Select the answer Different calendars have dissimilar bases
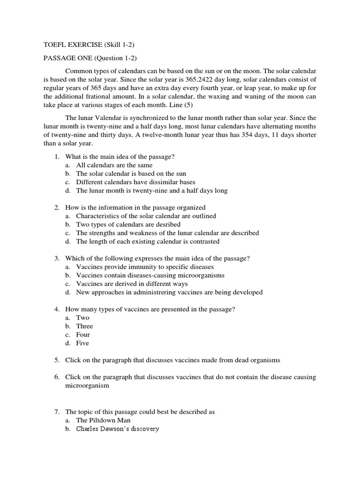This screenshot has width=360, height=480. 135,182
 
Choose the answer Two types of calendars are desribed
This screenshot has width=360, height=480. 128,225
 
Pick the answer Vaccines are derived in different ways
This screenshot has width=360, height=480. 132,284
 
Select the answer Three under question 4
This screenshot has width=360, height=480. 84,326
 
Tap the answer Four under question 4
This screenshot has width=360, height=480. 83,335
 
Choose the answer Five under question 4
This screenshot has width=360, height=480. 82,343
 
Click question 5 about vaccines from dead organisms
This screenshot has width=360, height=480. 172,360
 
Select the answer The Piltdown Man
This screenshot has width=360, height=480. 103,420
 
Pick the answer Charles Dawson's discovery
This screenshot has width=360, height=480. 118,428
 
